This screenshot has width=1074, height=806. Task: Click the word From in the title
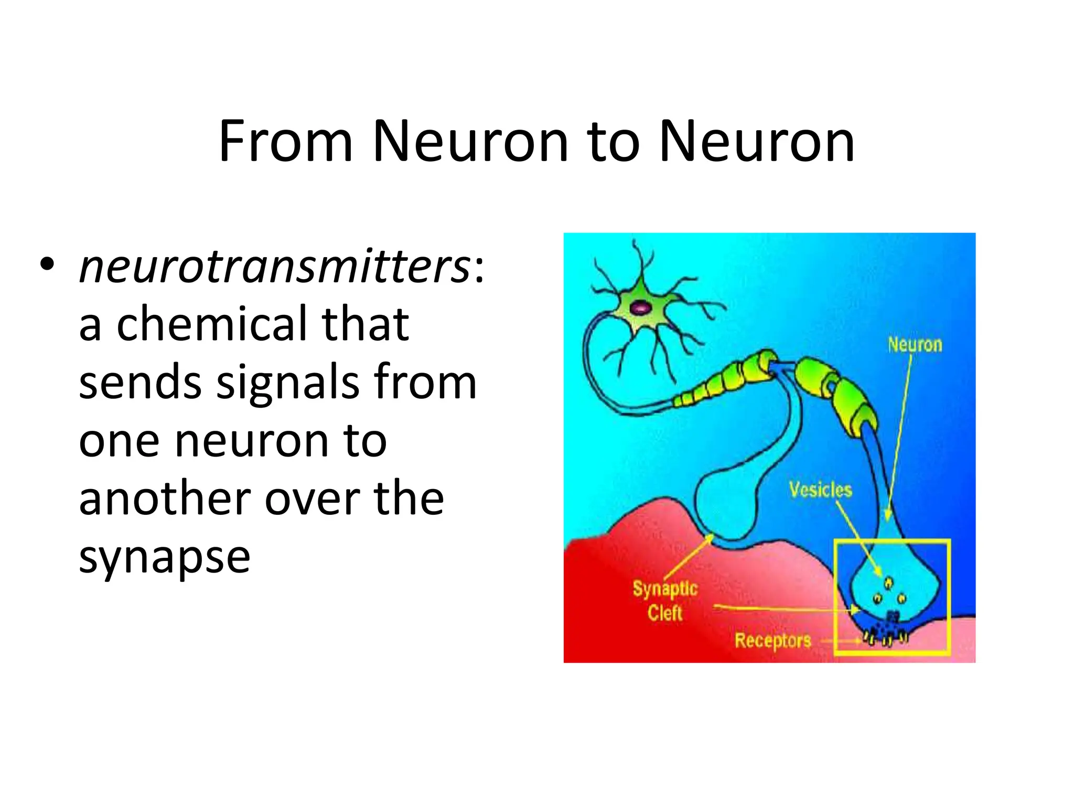coord(286,142)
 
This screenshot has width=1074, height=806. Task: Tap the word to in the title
coord(613,142)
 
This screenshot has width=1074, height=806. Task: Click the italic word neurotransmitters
coord(274,266)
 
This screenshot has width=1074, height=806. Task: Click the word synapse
coord(164,557)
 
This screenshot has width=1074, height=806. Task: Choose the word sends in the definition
coord(140,382)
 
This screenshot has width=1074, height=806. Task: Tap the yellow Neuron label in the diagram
coord(915,345)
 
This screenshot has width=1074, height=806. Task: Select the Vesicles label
coord(820,490)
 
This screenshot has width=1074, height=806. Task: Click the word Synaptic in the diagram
coord(665,589)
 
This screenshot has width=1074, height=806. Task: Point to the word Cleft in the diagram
coord(664,613)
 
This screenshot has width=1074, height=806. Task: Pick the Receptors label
coord(772,641)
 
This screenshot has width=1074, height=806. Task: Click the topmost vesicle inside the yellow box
coord(888,582)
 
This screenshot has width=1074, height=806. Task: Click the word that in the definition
coord(365,324)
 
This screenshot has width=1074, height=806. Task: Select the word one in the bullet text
coord(119,441)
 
